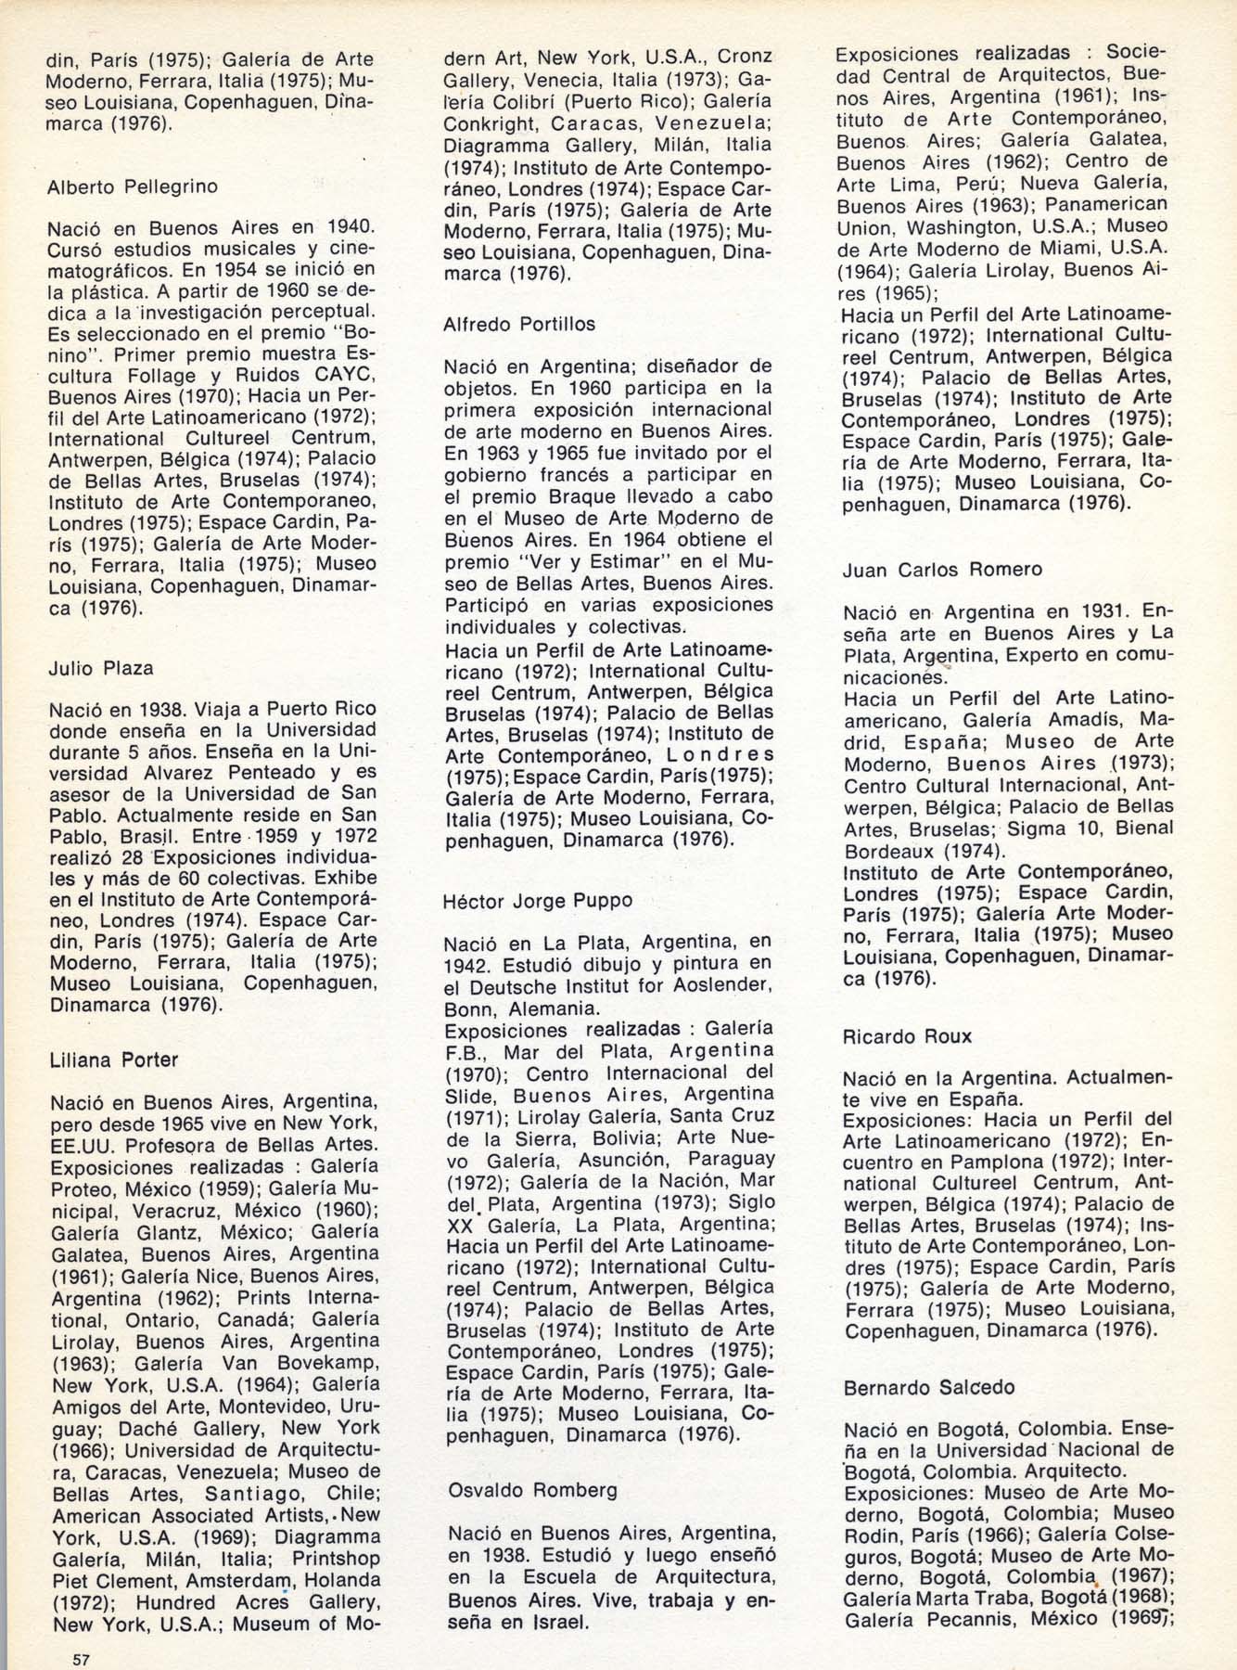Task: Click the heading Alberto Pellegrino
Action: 132,186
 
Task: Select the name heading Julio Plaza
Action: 101,668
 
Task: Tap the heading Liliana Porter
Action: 113,1060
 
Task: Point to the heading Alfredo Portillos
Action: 519,324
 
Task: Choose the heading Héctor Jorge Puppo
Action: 538,900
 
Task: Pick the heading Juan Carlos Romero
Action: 942,569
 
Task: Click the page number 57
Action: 81,1660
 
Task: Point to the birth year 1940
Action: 347,226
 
